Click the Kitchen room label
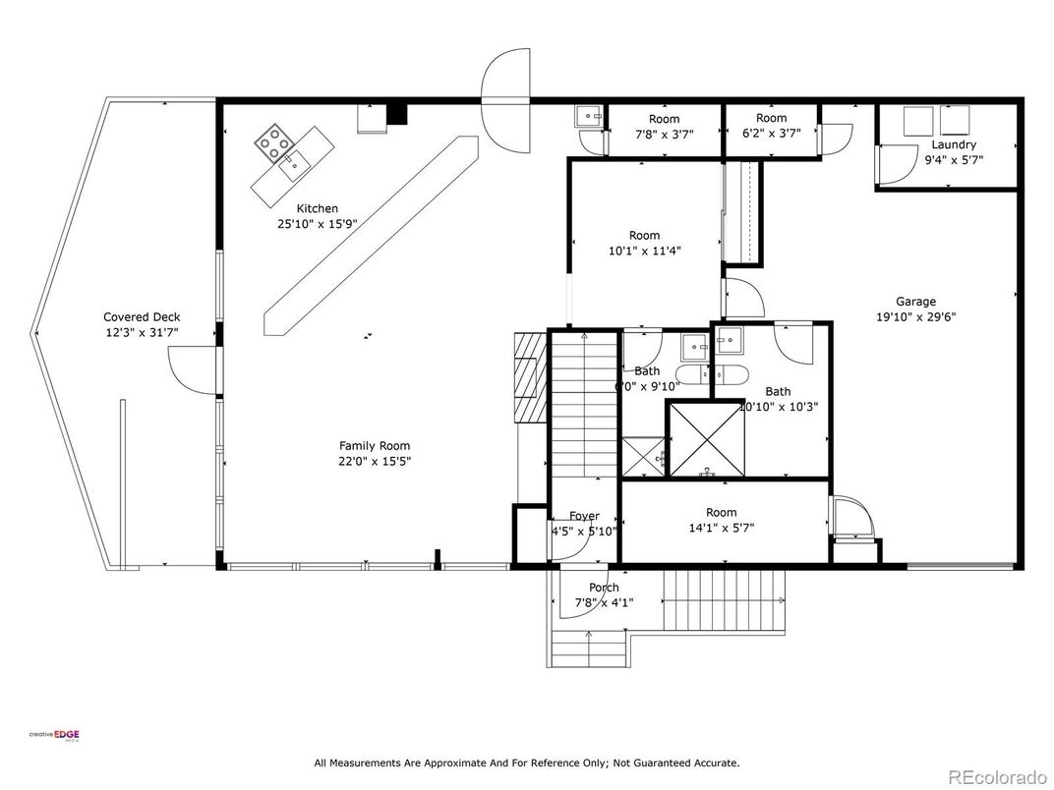click(x=318, y=208)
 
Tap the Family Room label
click(x=375, y=445)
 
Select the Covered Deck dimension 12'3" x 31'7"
click(x=143, y=333)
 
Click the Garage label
click(x=915, y=302)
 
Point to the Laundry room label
click(x=954, y=144)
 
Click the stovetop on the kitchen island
click(x=275, y=144)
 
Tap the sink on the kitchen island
click(x=293, y=165)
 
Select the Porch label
click(x=604, y=588)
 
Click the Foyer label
click(x=585, y=516)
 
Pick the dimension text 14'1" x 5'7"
click(x=721, y=528)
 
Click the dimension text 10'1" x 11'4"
click(x=645, y=251)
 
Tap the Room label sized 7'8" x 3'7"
click(x=664, y=119)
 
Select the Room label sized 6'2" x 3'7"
click(x=772, y=118)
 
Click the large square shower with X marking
click(x=705, y=438)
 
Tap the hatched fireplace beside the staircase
click(x=529, y=376)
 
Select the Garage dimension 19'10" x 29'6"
click(x=915, y=317)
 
